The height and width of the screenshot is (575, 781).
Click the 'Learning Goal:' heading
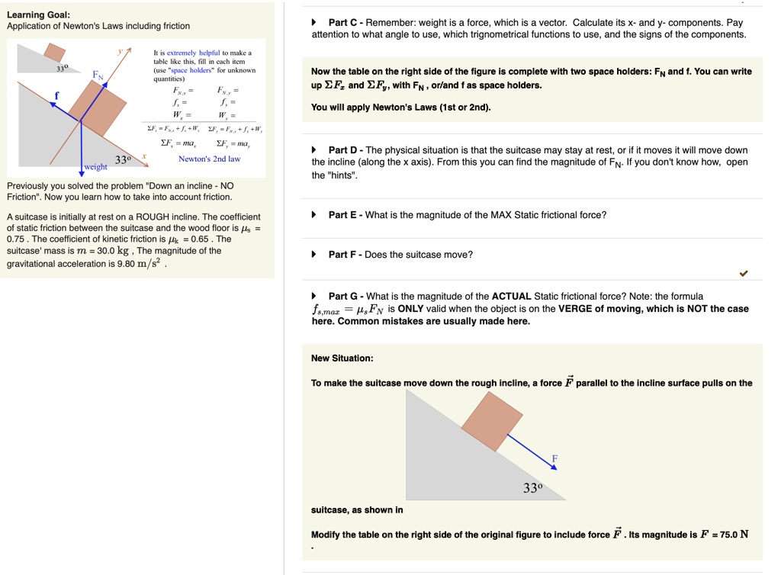pos(38,14)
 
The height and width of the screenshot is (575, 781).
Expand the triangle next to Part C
pos(314,23)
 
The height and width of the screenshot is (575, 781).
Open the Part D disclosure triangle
pos(314,150)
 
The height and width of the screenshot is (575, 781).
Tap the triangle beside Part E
pos(314,215)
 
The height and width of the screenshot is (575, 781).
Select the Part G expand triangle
pos(314,296)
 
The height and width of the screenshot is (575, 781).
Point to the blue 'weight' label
pos(96,167)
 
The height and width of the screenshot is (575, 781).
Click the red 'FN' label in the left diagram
pos(98,75)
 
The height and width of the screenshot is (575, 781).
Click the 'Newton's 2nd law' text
pos(209,159)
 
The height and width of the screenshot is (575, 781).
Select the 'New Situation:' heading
pos(342,358)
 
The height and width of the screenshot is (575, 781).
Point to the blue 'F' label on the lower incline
pos(555,458)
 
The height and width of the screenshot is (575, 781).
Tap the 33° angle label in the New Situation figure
pos(533,488)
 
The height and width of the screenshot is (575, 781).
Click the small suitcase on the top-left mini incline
pos(54,52)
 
